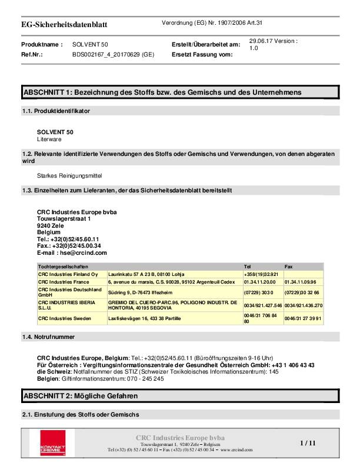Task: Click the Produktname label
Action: tap(41, 44)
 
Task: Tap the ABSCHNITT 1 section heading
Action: tap(162, 92)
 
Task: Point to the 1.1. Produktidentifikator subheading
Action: tap(55, 111)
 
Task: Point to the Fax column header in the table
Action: tap(289, 267)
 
